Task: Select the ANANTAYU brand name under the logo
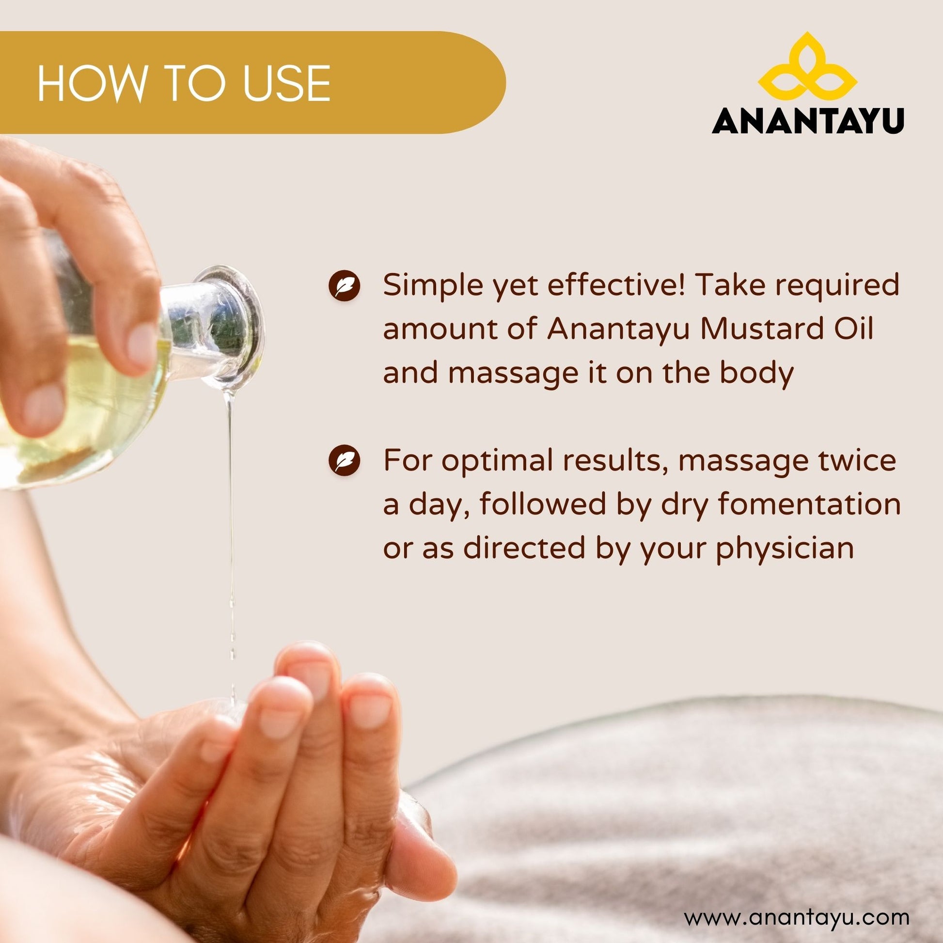(x=808, y=121)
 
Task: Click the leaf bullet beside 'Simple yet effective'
(x=345, y=284)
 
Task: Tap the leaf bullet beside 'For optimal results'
(x=345, y=461)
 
